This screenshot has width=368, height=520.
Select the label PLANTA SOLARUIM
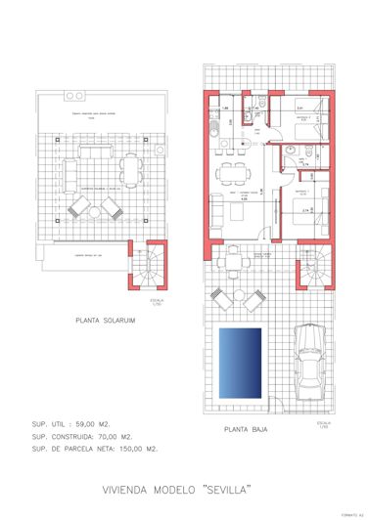pos(105,319)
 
